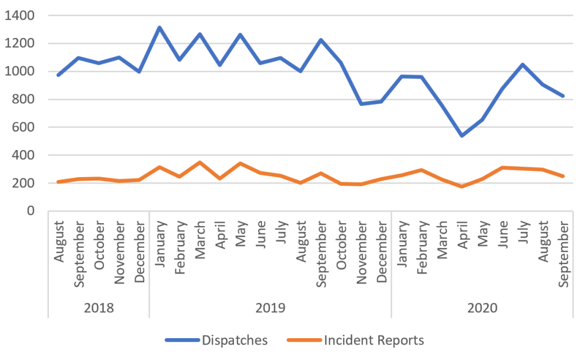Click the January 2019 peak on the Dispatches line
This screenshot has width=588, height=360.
tap(159, 27)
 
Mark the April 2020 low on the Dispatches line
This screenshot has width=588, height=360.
tap(461, 136)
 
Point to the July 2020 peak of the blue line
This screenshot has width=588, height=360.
tap(522, 64)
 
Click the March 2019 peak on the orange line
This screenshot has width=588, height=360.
tap(199, 162)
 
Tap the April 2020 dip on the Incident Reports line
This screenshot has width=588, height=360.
tap(461, 186)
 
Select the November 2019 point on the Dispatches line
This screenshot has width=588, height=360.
tap(360, 104)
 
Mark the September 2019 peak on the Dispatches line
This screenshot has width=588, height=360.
tap(320, 40)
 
